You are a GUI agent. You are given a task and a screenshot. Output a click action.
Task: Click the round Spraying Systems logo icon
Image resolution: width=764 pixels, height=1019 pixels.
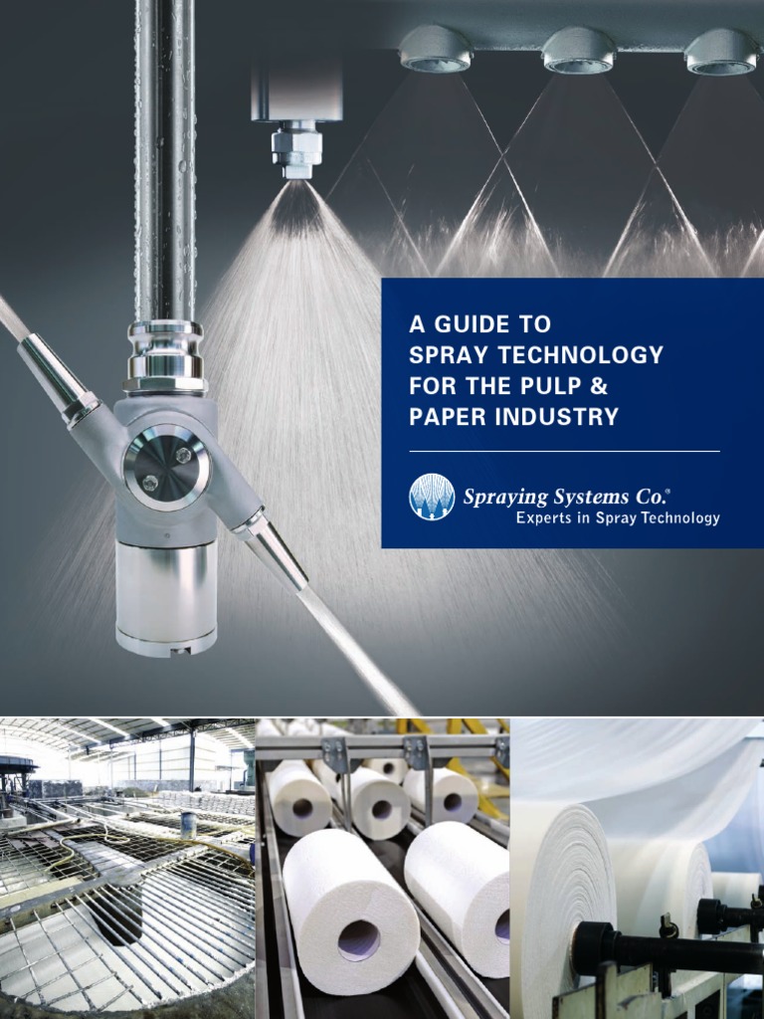pos(432,497)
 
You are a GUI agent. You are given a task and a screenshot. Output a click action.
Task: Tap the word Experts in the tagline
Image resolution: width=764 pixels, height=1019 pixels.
pos(543,517)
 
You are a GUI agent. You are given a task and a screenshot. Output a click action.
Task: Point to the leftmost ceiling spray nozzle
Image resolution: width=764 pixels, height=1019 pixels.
pos(435,49)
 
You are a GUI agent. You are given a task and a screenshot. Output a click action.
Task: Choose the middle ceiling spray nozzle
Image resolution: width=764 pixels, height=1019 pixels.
pos(579,50)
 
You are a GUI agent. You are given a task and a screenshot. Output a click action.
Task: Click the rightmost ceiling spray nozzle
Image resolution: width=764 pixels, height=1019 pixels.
pos(721,51)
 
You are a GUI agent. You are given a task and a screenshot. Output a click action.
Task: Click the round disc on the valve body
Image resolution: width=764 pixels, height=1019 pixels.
pos(166,467)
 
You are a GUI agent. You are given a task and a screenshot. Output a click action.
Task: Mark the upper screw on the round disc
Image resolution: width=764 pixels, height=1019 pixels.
pos(183,454)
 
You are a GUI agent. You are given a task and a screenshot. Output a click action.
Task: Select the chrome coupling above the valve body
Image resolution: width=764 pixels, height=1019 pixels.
pos(166,358)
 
